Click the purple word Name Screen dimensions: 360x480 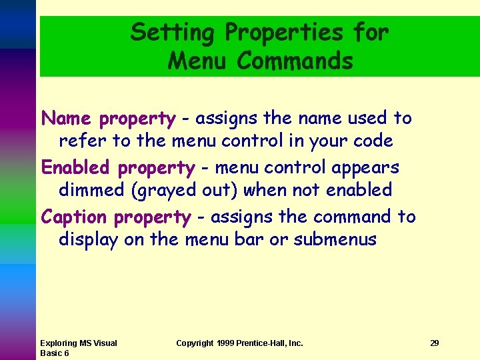[x=66, y=119]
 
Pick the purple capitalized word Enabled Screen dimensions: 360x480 [x=75, y=167]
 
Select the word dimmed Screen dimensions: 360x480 [x=93, y=190]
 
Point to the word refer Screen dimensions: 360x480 [x=79, y=141]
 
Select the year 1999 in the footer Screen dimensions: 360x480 [x=225, y=343]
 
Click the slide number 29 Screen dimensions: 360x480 [x=434, y=343]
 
